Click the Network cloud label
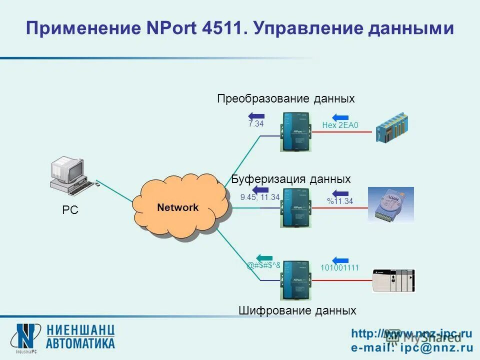tap(177, 207)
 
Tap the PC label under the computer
tap(70, 210)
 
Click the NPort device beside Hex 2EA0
tap(296, 132)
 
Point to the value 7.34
tap(255, 124)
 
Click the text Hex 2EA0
tap(340, 126)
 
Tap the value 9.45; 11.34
tap(259, 197)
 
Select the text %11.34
tap(340, 201)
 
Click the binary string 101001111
tap(340, 268)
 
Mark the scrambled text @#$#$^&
tap(263, 265)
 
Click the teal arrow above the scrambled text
tap(264, 257)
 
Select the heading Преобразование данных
tap(285, 98)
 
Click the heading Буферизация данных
tap(291, 178)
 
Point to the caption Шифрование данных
tap(297, 310)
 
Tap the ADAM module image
tap(390, 204)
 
